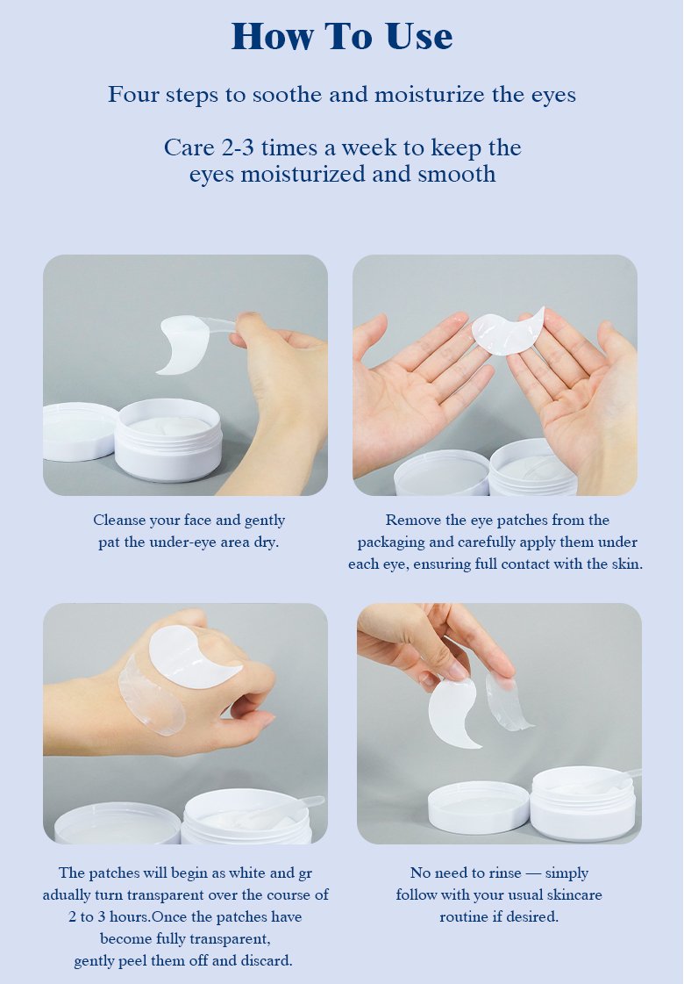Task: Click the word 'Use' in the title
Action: click(x=418, y=36)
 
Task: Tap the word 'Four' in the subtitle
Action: click(x=131, y=94)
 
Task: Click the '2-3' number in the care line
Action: click(x=238, y=147)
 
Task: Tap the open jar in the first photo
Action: click(x=168, y=439)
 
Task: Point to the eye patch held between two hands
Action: click(x=508, y=331)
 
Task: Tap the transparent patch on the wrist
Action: click(x=151, y=695)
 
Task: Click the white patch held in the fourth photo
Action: click(x=453, y=713)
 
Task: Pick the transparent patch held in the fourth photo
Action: click(x=507, y=702)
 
